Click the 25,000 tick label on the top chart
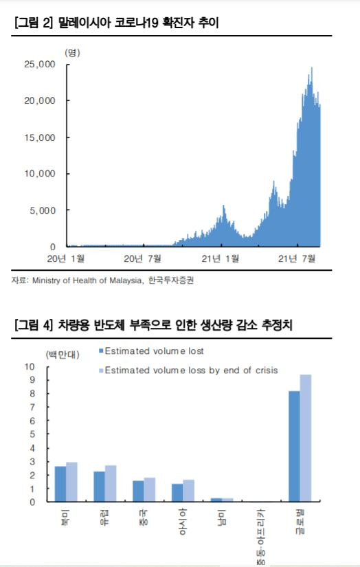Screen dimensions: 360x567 coord(40,65)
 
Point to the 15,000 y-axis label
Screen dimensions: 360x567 coord(40,137)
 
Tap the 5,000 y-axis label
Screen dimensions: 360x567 coord(43,210)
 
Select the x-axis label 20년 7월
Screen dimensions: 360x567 coord(142,258)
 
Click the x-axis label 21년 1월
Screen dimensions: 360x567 coord(220,258)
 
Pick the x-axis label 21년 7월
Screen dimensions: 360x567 coord(297,258)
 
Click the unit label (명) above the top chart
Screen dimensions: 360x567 coord(72,53)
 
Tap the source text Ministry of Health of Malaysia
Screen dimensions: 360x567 coord(87,280)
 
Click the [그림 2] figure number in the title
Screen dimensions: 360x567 coord(34,23)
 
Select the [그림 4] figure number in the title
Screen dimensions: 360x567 coord(34,324)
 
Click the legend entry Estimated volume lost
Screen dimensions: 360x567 coord(151,351)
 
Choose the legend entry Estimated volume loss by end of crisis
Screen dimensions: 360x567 coord(189,370)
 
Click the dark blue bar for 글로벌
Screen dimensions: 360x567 coord(294,446)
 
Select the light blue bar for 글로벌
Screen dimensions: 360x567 coord(306,438)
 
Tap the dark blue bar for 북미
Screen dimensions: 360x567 coord(60,484)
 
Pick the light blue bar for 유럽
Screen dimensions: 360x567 coord(111,483)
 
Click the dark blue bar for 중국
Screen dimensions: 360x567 coord(138,491)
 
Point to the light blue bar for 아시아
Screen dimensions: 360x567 coord(189,491)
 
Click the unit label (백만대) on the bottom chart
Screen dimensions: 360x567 coord(63,355)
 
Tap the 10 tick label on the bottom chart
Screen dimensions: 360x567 coord(30,367)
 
